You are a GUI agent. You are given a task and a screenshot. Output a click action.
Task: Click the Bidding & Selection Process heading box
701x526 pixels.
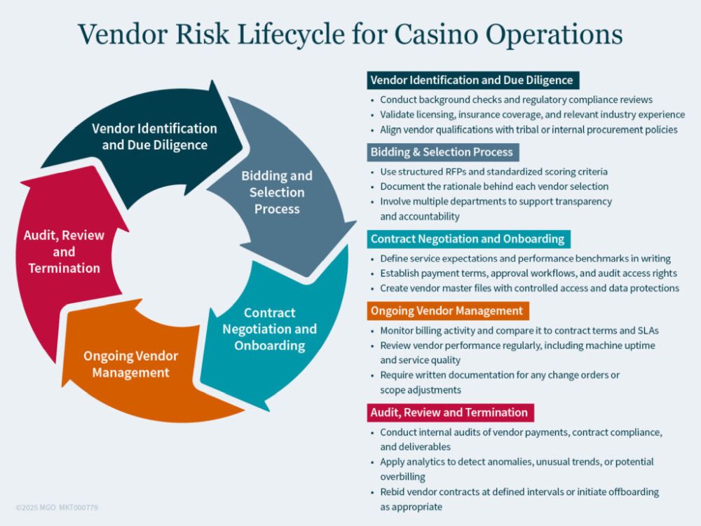pyautogui.click(x=442, y=152)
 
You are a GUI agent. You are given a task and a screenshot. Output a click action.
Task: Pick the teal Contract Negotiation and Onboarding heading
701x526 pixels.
pyautogui.click(x=468, y=238)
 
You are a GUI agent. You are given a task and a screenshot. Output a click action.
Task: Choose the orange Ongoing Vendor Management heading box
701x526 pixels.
pyautogui.click(x=447, y=311)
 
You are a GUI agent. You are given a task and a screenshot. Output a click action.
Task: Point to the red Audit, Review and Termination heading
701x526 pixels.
pyautogui.click(x=449, y=412)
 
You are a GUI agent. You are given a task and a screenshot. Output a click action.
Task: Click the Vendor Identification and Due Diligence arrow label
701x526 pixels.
pyautogui.click(x=154, y=137)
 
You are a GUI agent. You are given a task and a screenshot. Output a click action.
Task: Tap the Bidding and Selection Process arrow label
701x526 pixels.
pyautogui.click(x=277, y=192)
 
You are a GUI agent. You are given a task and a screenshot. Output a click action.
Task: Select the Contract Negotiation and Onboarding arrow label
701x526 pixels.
pyautogui.click(x=270, y=329)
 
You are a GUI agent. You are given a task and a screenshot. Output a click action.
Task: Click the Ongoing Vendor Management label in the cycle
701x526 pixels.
pyautogui.click(x=130, y=364)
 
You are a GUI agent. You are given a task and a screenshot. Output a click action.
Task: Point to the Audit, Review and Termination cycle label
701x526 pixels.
pyautogui.click(x=64, y=252)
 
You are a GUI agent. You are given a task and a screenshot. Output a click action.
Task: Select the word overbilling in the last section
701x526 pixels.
pyautogui.click(x=402, y=477)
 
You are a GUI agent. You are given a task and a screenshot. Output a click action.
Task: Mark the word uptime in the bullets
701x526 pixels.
pyautogui.click(x=639, y=346)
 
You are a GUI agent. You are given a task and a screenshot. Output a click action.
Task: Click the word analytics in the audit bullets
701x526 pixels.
pyautogui.click(x=430, y=462)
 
